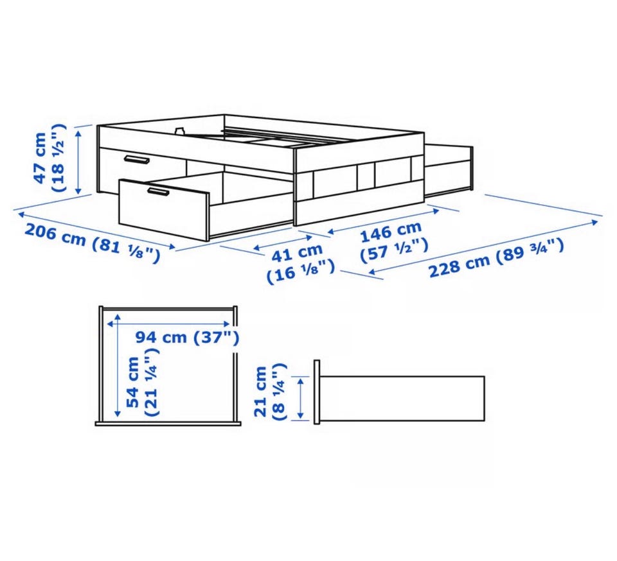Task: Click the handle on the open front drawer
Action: pyautogui.click(x=159, y=191)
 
